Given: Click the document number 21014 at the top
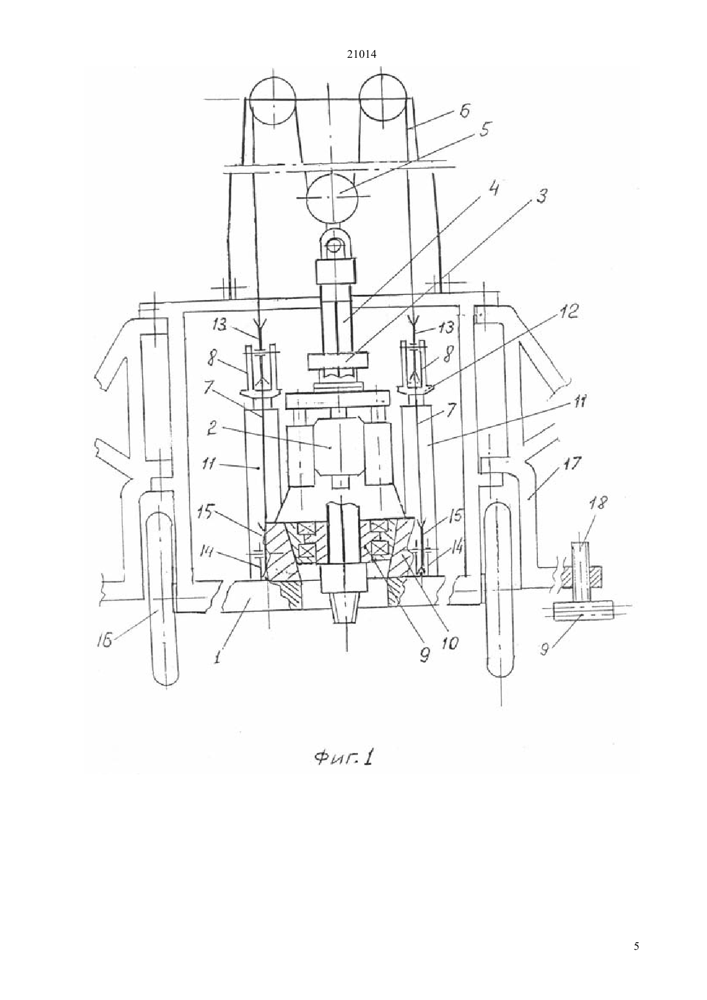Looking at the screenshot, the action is click(361, 55).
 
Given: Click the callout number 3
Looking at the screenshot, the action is click(541, 195).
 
